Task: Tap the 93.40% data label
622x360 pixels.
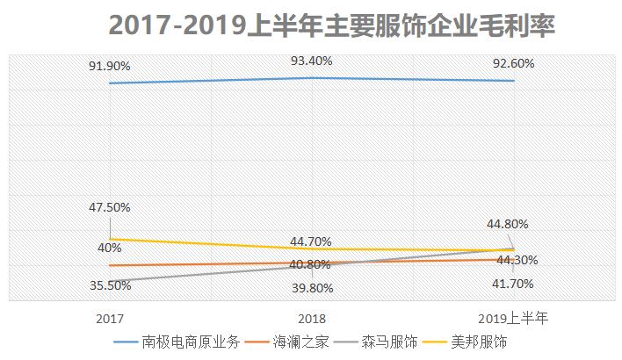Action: tap(312, 60)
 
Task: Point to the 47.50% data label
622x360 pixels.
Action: tap(110, 207)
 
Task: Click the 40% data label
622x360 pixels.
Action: tap(110, 248)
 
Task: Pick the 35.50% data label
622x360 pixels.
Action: tap(110, 284)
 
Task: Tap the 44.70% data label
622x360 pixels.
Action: tap(312, 241)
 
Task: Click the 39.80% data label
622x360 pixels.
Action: tap(312, 288)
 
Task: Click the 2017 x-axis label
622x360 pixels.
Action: tap(110, 317)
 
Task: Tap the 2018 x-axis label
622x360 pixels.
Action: tap(312, 317)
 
